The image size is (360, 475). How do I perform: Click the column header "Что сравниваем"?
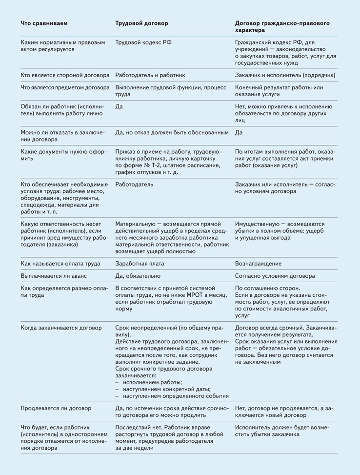pyautogui.click(x=44, y=23)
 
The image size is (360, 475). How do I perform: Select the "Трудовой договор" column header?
pyautogui.click(x=141, y=23)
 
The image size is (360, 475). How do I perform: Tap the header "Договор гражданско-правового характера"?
pyautogui.click(x=282, y=26)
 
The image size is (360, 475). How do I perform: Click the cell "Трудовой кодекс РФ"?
pyautogui.click(x=143, y=42)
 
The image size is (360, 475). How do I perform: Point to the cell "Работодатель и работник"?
pyautogui.click(x=150, y=75)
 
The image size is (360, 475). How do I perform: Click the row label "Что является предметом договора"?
pyautogui.click(x=65, y=87)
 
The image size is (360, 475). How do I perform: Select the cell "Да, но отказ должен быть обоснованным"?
pyautogui.click(x=172, y=132)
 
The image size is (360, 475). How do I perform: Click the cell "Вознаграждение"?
pyautogui.click(x=258, y=264)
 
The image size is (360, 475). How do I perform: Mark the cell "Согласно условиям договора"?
pyautogui.click(x=275, y=276)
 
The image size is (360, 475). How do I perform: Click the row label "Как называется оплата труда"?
pyautogui.click(x=60, y=264)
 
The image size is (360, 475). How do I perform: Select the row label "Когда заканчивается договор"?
pyautogui.click(x=61, y=328)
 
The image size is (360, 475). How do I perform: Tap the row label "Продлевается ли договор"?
pyautogui.click(x=56, y=408)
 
